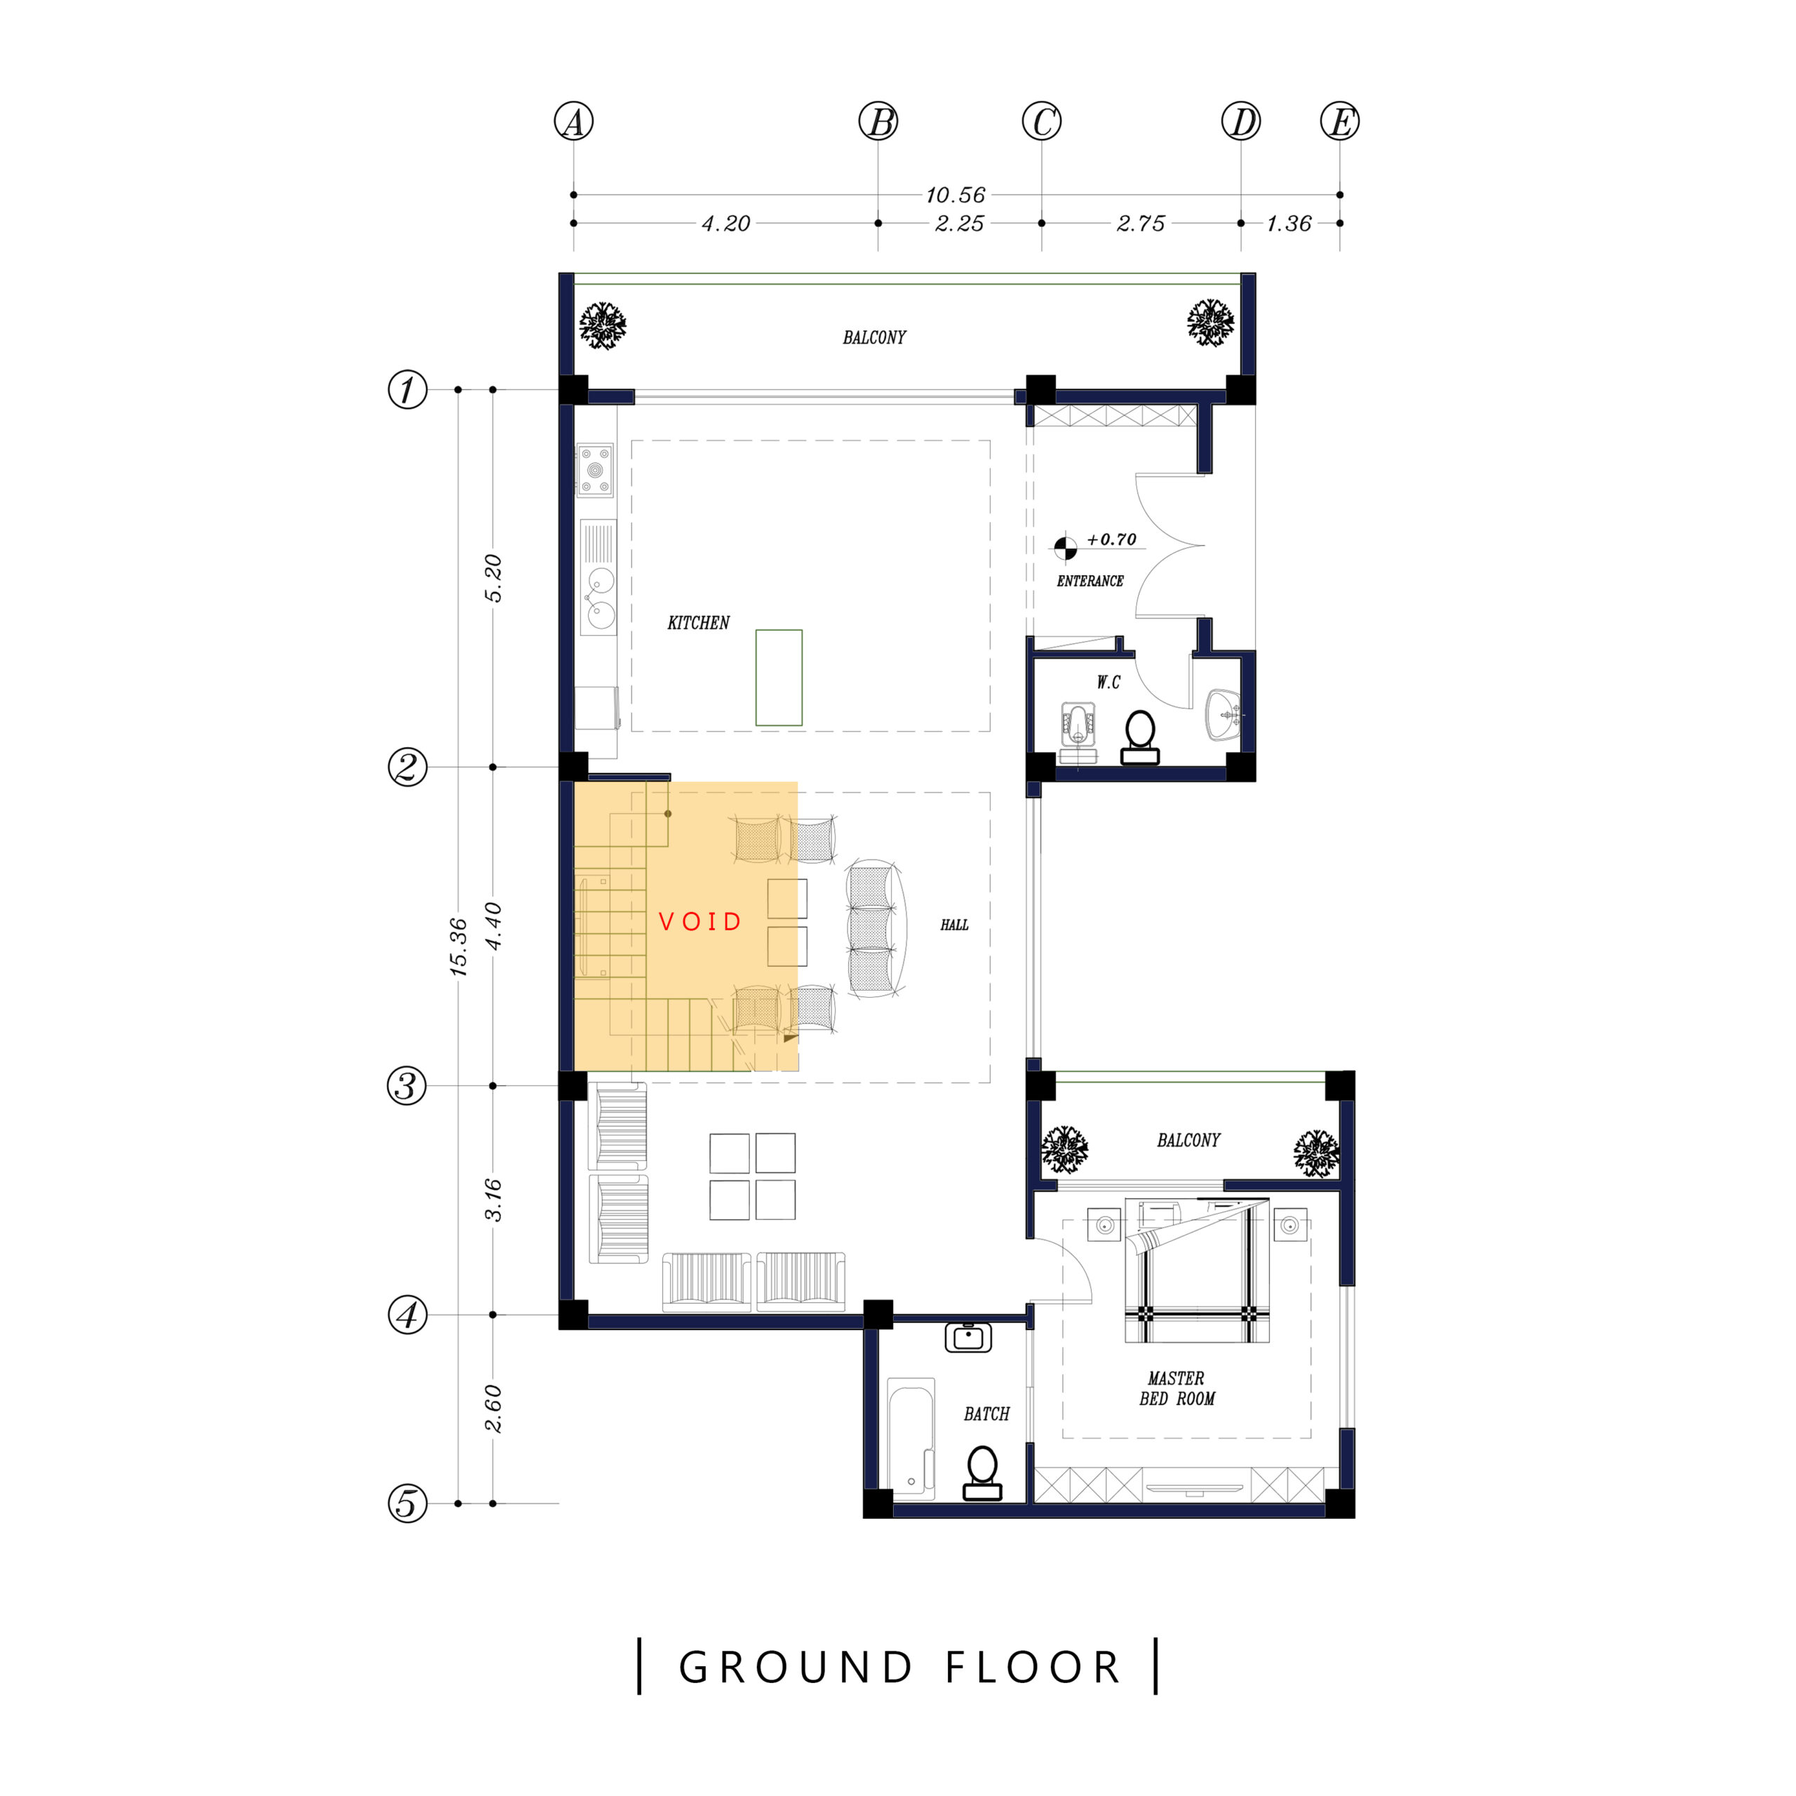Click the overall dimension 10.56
pyautogui.click(x=955, y=195)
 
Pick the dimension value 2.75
pyautogui.click(x=1141, y=224)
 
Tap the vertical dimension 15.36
pyautogui.click(x=458, y=947)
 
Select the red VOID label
pyautogui.click(x=700, y=921)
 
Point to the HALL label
pyautogui.click(x=954, y=925)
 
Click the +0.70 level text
pyautogui.click(x=1112, y=540)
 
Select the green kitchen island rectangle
pyautogui.click(x=779, y=678)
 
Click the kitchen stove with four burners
pyautogui.click(x=595, y=470)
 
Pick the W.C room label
pyautogui.click(x=1108, y=683)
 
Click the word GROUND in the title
pyautogui.click(x=796, y=1668)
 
